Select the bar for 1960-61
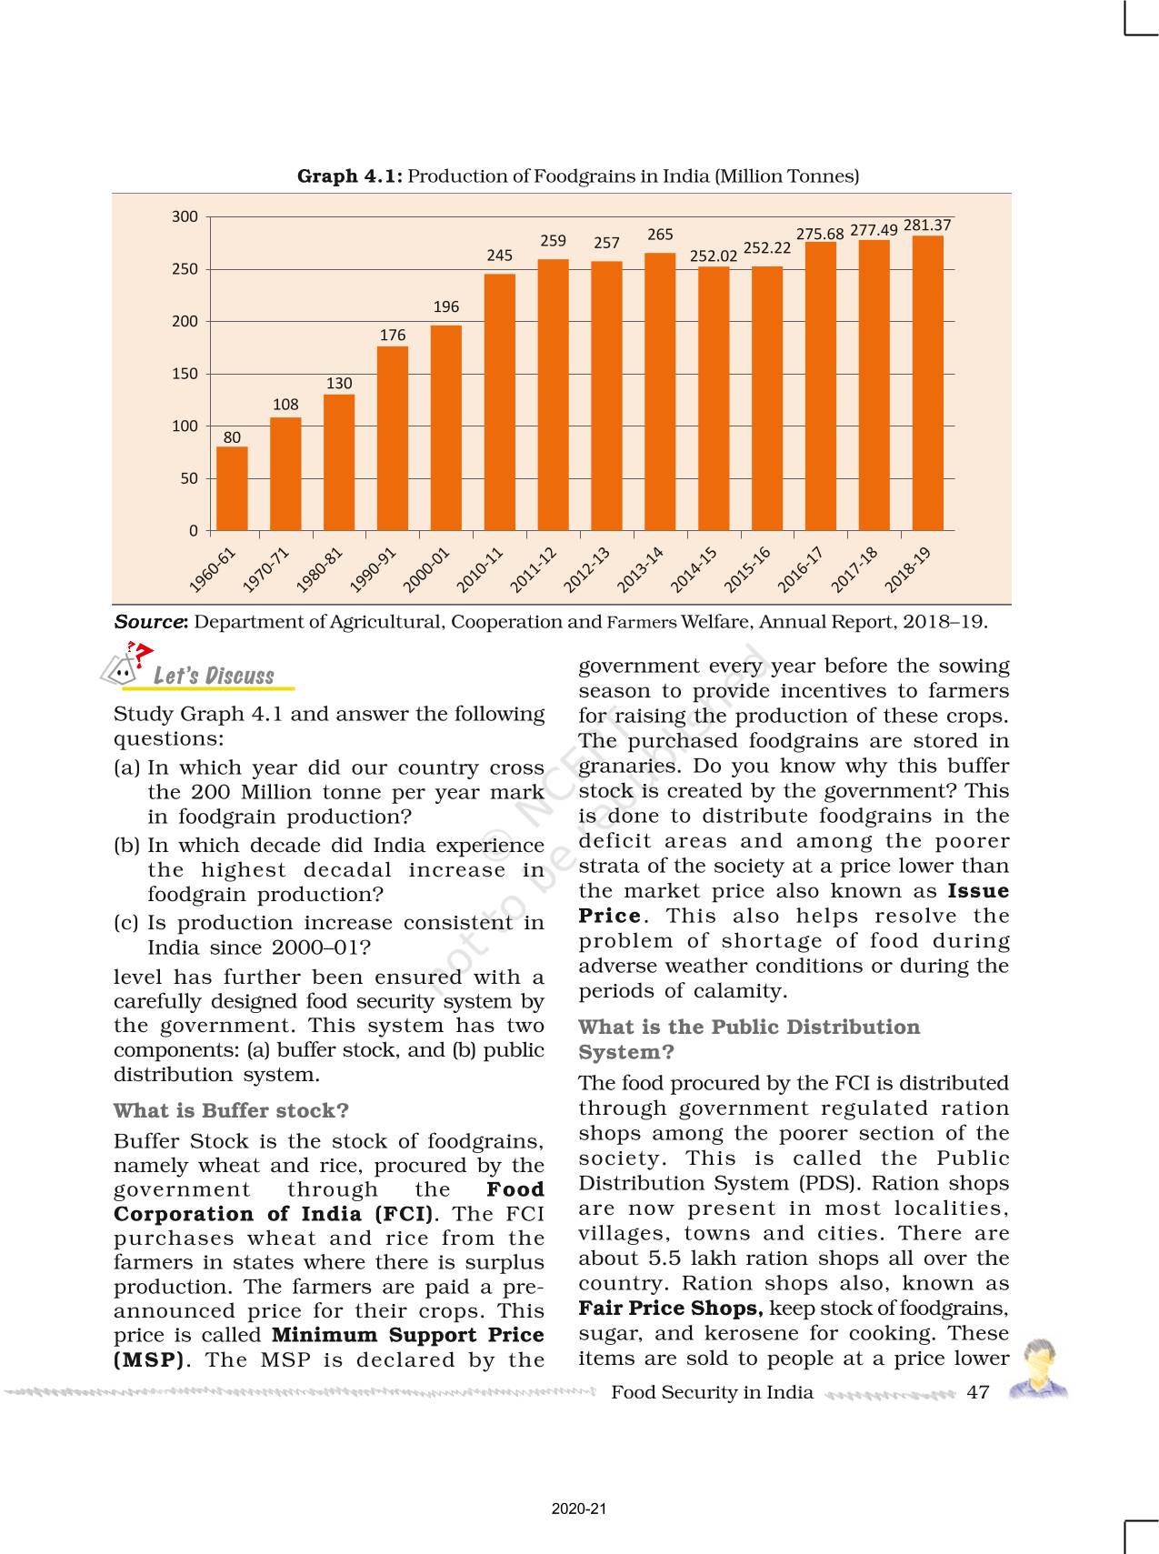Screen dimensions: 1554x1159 pos(232,488)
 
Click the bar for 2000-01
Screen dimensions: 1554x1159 pos(445,427)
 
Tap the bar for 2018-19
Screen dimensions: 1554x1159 pos(927,383)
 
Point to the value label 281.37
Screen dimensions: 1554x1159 pos(927,225)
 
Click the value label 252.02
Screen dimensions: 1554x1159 pos(714,256)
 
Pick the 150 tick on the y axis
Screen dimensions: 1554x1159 pos(185,374)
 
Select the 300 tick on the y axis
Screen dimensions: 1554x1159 pos(185,216)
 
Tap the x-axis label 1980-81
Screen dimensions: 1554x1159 pos(321,570)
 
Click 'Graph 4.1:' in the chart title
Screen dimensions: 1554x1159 pos(350,176)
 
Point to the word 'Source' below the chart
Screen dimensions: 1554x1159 pos(150,622)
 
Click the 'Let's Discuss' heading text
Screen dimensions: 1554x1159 pos(214,676)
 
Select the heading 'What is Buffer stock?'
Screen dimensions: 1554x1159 pos(231,1110)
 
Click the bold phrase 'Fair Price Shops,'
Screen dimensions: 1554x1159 pos(671,1308)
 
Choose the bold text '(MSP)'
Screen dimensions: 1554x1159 pos(149,1360)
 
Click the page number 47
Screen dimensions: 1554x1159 pos(978,1392)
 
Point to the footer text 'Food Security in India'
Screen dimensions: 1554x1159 pos(712,1392)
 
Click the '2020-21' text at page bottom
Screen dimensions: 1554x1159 pos(578,1509)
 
